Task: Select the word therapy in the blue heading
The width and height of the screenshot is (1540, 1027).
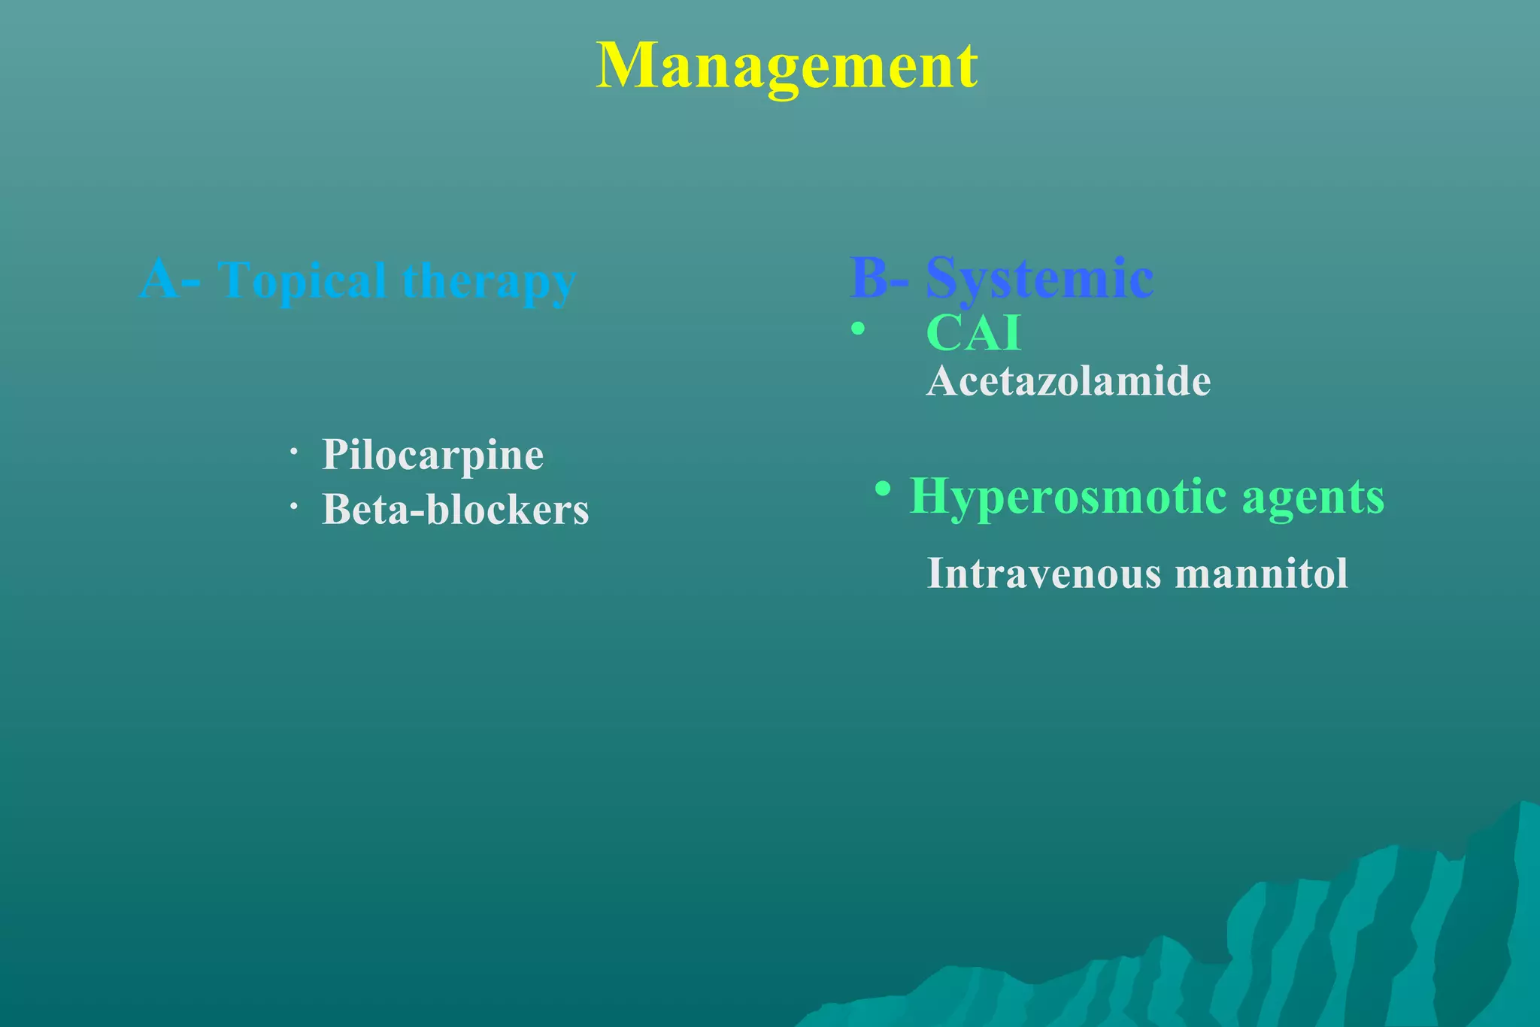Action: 489,280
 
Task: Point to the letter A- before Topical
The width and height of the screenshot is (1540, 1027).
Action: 170,280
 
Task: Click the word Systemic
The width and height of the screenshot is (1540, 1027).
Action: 1039,278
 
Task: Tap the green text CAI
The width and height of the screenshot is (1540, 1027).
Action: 974,332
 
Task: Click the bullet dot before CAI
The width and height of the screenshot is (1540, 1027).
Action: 857,329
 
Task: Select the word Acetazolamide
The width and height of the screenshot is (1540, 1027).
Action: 1069,381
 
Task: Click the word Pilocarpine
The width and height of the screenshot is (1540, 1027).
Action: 432,455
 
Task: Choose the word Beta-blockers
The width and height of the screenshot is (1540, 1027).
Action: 455,510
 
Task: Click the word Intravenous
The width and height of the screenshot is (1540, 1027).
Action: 1044,574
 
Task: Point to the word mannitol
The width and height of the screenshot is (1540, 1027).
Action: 1261,574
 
